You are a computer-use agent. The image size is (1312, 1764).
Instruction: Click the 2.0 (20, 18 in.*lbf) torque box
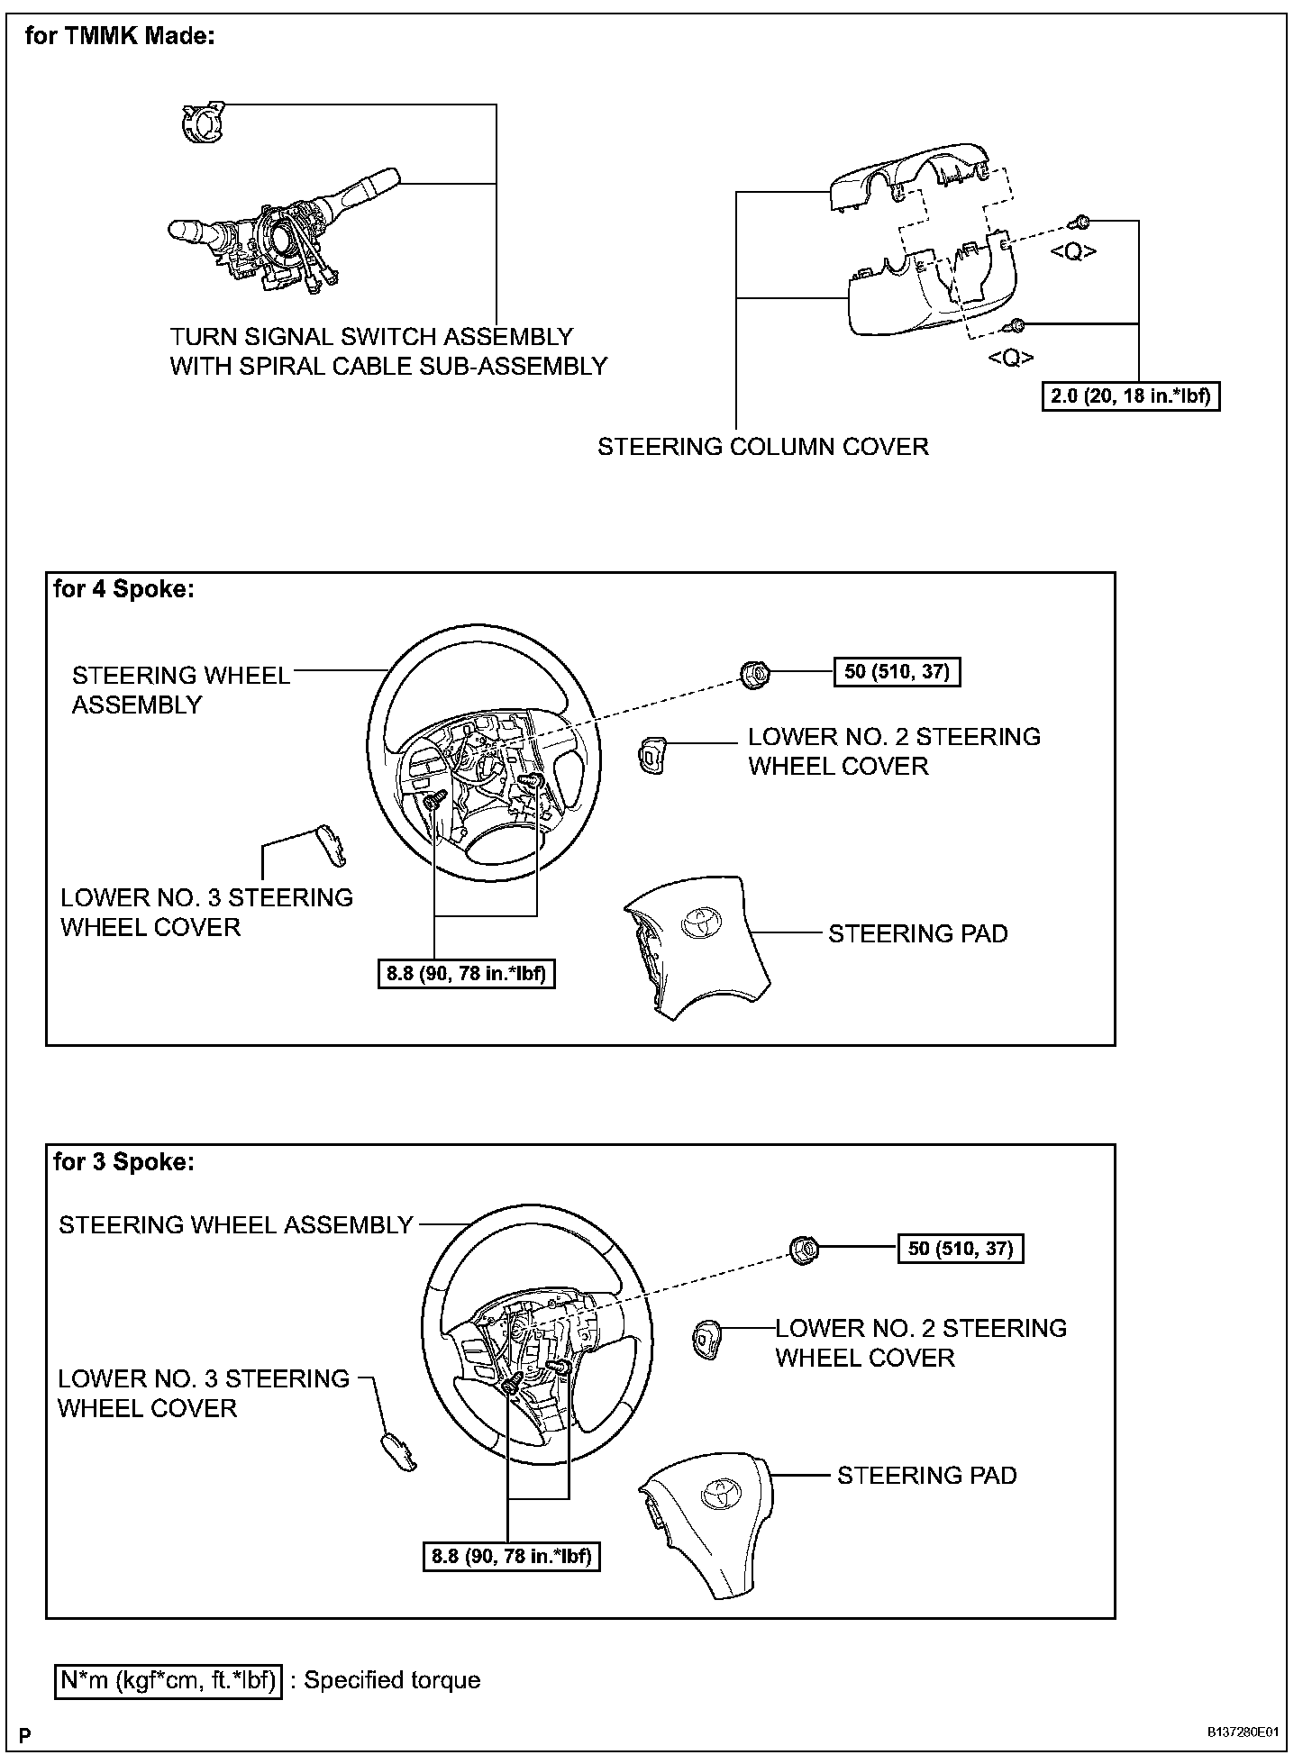tap(1131, 396)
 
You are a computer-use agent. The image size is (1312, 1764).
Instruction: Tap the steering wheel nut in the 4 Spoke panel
tap(754, 673)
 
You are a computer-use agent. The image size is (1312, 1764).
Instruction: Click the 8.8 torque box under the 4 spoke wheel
tap(466, 974)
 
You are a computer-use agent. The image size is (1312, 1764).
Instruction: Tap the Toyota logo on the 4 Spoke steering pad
tap(699, 921)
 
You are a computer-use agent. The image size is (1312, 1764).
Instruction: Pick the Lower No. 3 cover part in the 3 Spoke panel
tap(397, 1451)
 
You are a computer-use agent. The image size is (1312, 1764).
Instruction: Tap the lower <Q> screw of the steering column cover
tap(1016, 325)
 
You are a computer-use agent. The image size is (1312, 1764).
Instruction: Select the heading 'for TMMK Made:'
tap(120, 37)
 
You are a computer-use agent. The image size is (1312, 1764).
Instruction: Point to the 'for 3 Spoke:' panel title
tap(123, 1162)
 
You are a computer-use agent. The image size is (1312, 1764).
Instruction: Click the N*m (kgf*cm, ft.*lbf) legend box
tap(169, 1680)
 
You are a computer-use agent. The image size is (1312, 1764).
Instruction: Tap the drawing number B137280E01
tap(1244, 1732)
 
